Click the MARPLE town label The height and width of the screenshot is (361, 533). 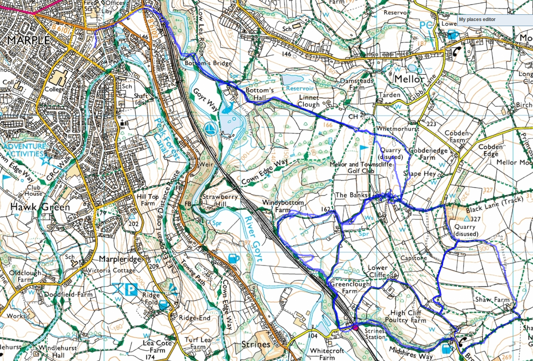(x=28, y=40)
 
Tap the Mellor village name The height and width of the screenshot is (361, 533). (x=409, y=79)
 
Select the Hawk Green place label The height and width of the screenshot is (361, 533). (x=40, y=207)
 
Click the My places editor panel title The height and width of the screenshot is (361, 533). (x=477, y=19)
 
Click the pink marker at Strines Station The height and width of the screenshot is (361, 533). (x=355, y=327)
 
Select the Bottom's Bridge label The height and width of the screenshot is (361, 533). (x=208, y=63)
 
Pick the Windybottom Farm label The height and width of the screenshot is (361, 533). (x=283, y=206)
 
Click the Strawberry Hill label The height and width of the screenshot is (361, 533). (x=220, y=200)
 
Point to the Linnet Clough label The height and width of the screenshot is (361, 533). (x=309, y=101)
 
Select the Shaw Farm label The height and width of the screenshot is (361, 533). (x=492, y=299)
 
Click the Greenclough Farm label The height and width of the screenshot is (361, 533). (x=350, y=287)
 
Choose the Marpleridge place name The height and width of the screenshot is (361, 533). (x=119, y=259)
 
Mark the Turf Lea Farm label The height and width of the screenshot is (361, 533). (x=198, y=343)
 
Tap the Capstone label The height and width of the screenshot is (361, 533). (x=414, y=258)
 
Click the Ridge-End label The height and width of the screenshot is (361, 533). (x=195, y=318)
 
